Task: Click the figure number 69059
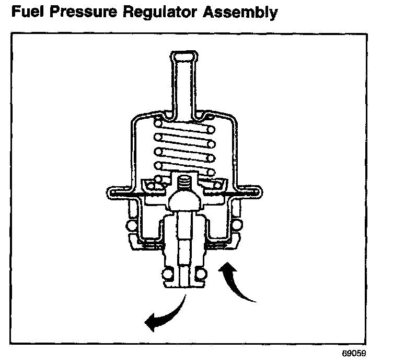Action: tap(355, 353)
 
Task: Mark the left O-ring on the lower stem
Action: tap(168, 274)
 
